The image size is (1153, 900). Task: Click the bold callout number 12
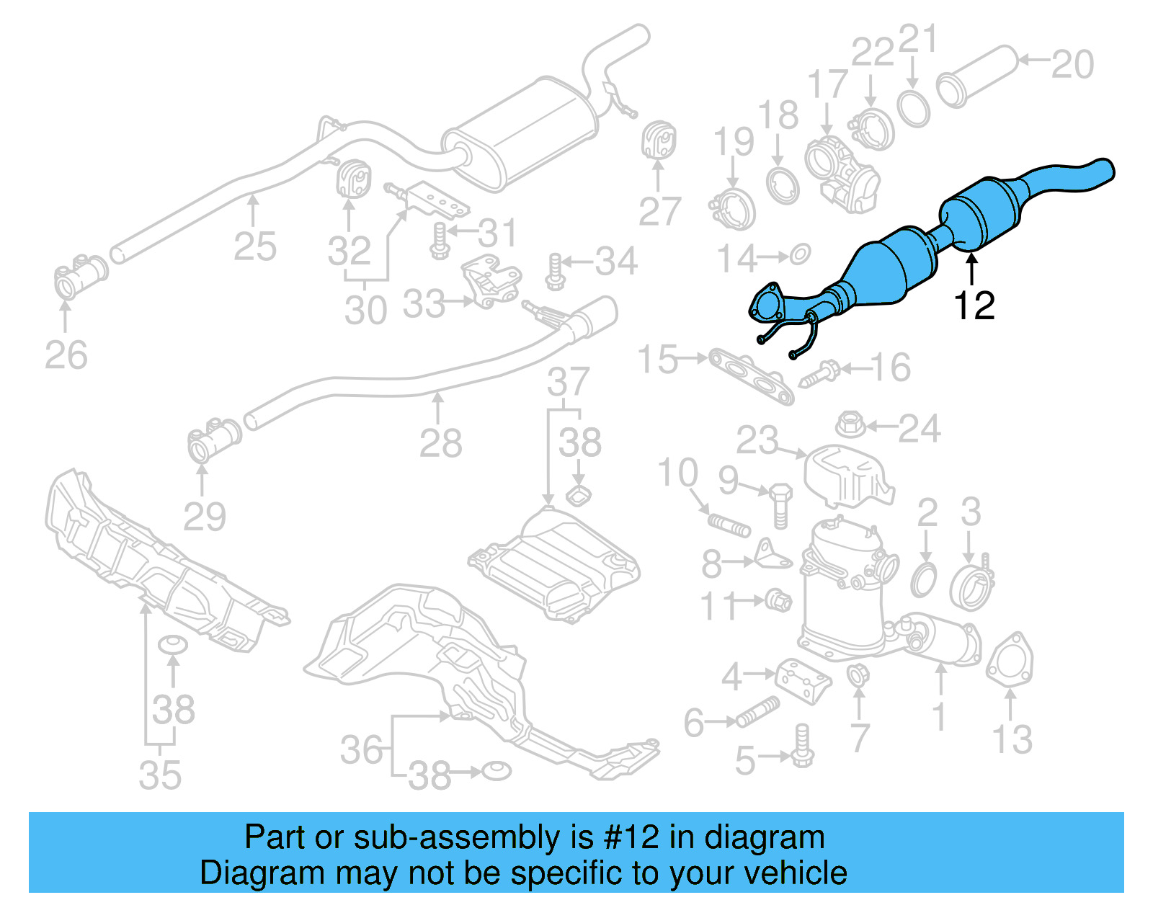974,306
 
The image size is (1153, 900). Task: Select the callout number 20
1072,64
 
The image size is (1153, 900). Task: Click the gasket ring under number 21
914,108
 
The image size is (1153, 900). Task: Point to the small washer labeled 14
801,254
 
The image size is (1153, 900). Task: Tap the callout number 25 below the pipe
254,247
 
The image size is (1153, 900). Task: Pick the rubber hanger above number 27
658,141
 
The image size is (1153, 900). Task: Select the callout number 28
440,443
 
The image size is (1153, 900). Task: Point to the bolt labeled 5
803,747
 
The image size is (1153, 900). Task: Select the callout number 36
361,750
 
